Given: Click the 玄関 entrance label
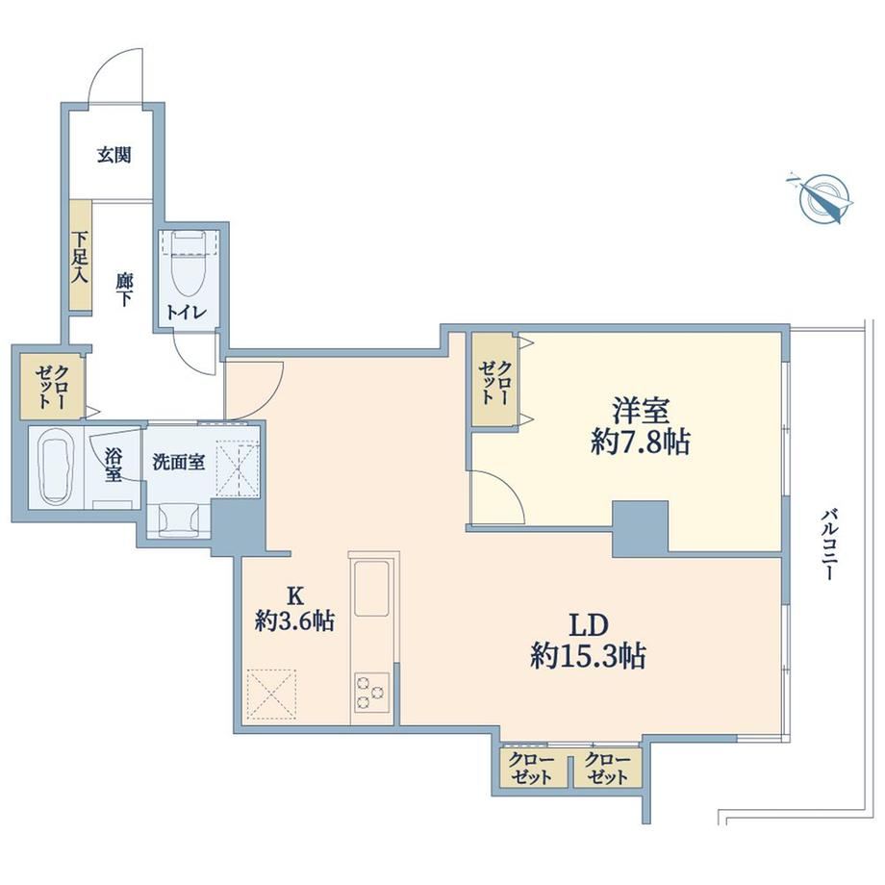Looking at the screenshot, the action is click(x=114, y=155).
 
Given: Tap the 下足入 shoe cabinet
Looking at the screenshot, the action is click(x=81, y=255).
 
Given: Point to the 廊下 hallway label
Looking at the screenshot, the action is click(x=123, y=289).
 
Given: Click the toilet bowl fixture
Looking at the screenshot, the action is click(x=188, y=262).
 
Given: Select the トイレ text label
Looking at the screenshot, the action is click(x=187, y=312).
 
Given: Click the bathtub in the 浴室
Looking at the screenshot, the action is click(x=57, y=466).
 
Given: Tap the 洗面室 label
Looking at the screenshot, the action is click(x=178, y=463).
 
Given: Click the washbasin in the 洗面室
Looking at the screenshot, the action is click(x=179, y=518).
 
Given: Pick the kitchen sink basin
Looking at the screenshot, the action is click(x=371, y=589).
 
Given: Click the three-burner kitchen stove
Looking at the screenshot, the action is click(x=371, y=692).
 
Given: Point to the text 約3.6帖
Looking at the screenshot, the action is click(x=294, y=620).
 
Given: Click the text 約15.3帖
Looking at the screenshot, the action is click(x=588, y=656).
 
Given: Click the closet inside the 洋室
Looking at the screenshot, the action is click(x=494, y=379).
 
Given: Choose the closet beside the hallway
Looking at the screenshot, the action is click(x=52, y=387).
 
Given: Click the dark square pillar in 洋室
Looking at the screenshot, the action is click(x=640, y=528).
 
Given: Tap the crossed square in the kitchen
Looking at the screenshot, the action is click(x=271, y=694).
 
